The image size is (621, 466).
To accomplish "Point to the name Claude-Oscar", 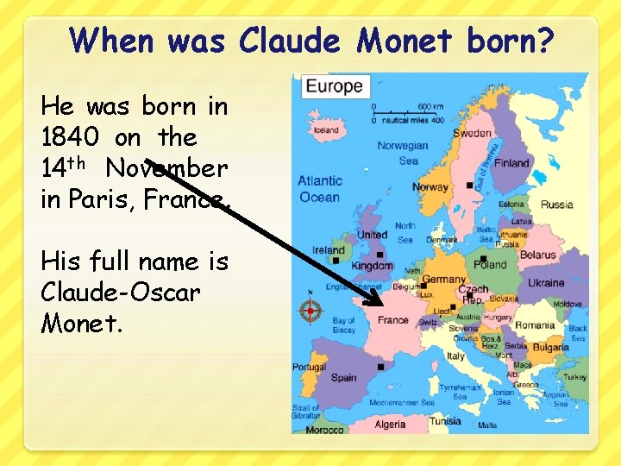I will tap(120, 292).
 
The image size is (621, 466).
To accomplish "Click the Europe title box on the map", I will tap(334, 86).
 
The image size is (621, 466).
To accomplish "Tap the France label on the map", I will tap(392, 319).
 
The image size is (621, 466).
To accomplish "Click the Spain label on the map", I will tap(343, 377).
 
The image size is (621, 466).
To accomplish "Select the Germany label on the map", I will tap(443, 280).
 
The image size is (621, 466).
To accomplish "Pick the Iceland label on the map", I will tap(327, 130).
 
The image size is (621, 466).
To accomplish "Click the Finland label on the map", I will tap(511, 162).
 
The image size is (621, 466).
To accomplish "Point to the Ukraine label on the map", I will tap(545, 282).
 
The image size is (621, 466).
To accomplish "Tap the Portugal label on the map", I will tap(309, 367).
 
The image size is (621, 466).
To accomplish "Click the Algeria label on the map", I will tap(390, 424).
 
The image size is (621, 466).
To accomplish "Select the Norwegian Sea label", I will tap(403, 153).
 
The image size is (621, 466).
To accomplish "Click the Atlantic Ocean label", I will tap(319, 189).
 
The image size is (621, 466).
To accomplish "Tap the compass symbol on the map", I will tap(310, 311).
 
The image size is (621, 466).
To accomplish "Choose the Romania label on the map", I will tap(535, 325).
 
